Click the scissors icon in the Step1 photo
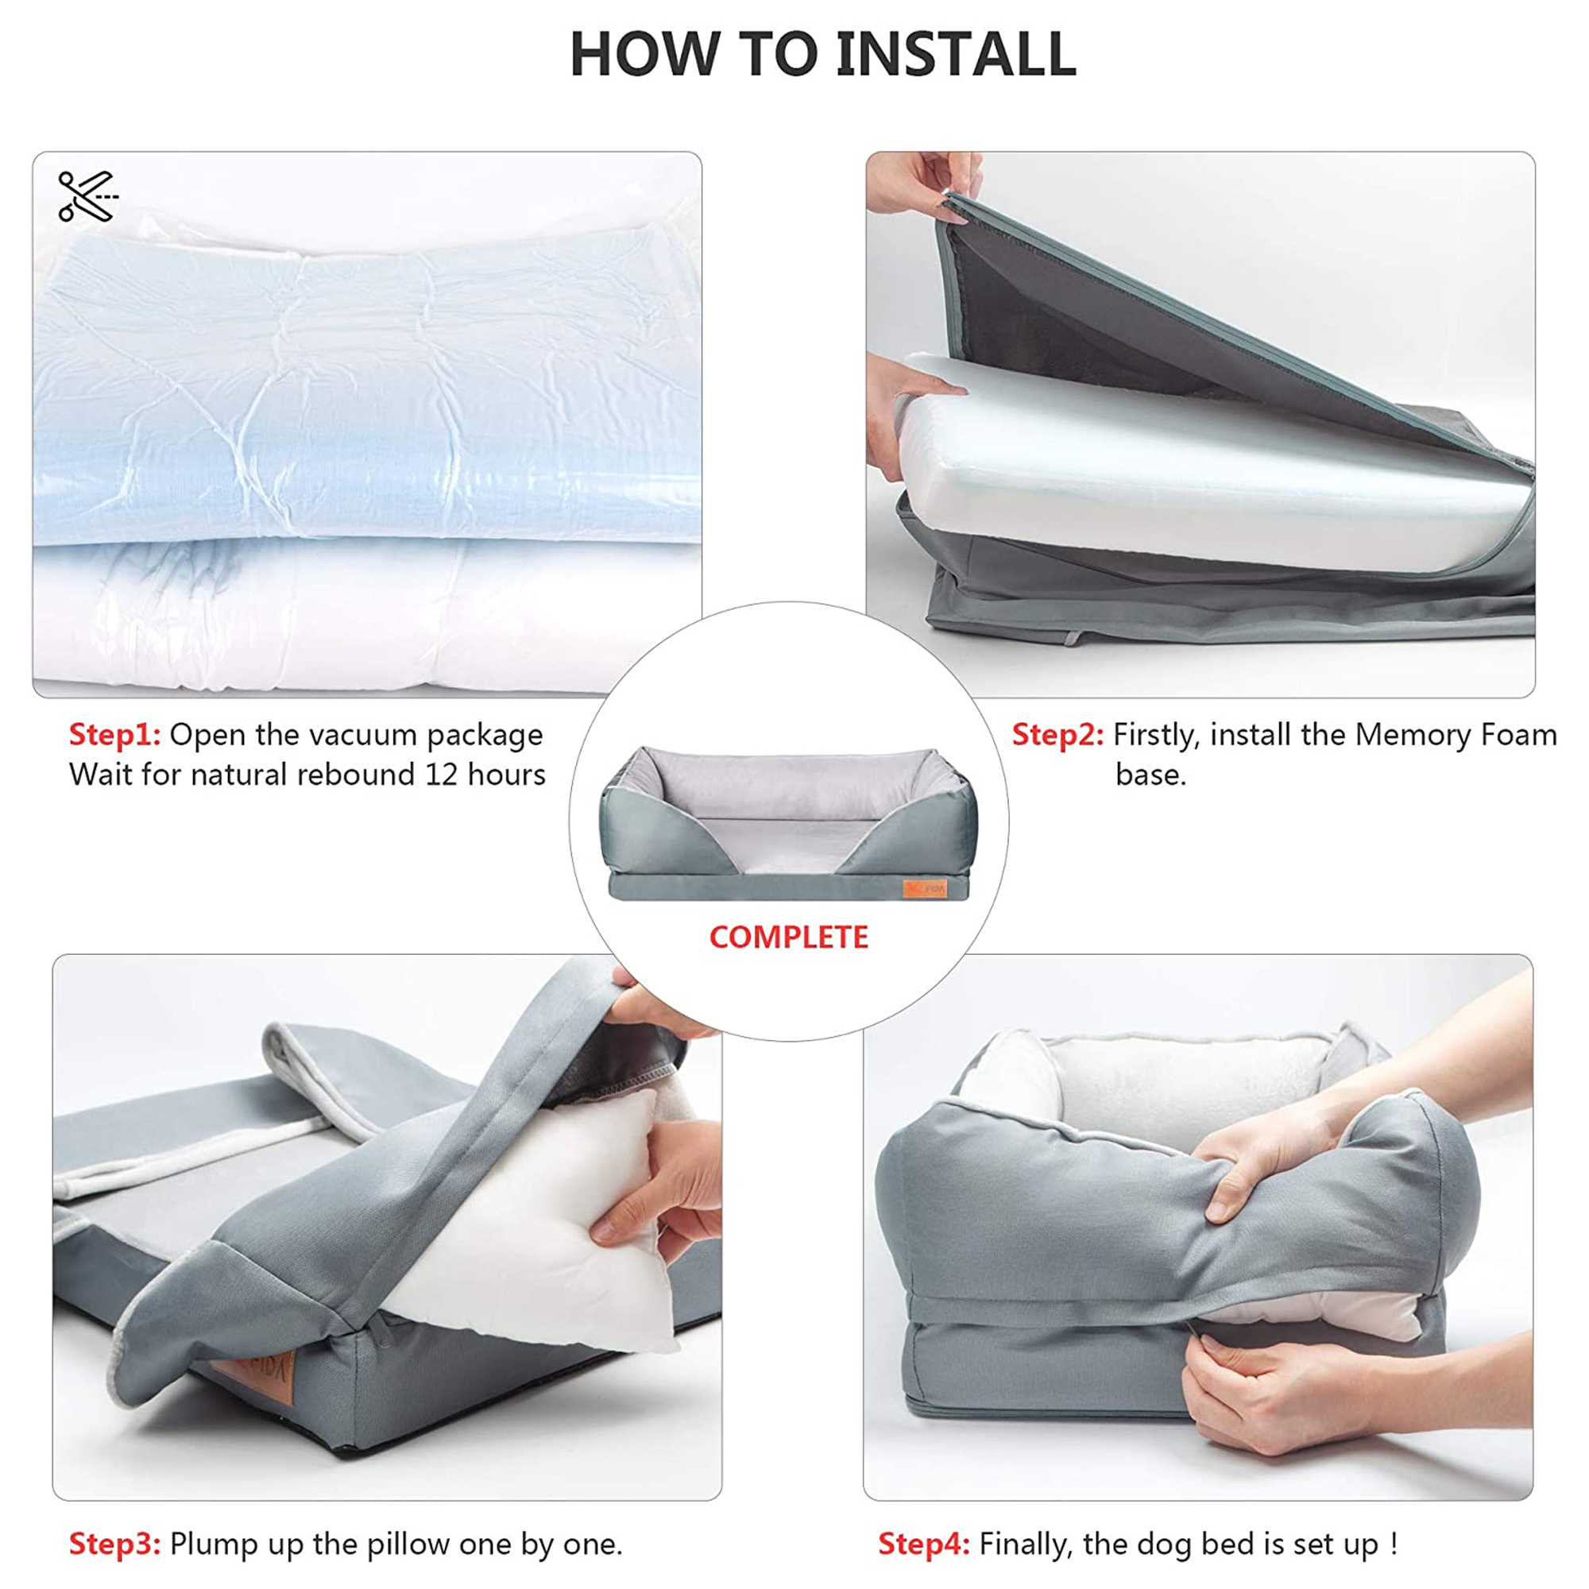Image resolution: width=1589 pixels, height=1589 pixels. [88, 196]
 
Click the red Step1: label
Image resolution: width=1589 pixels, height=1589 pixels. [114, 734]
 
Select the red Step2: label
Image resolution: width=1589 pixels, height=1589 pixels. [1057, 734]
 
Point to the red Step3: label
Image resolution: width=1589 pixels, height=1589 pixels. [114, 1544]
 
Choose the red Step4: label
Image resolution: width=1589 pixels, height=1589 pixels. [924, 1544]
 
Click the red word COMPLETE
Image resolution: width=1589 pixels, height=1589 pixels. [789, 937]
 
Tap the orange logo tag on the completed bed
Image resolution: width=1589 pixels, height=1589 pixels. [925, 888]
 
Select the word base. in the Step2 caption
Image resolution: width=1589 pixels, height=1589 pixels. [1150, 775]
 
